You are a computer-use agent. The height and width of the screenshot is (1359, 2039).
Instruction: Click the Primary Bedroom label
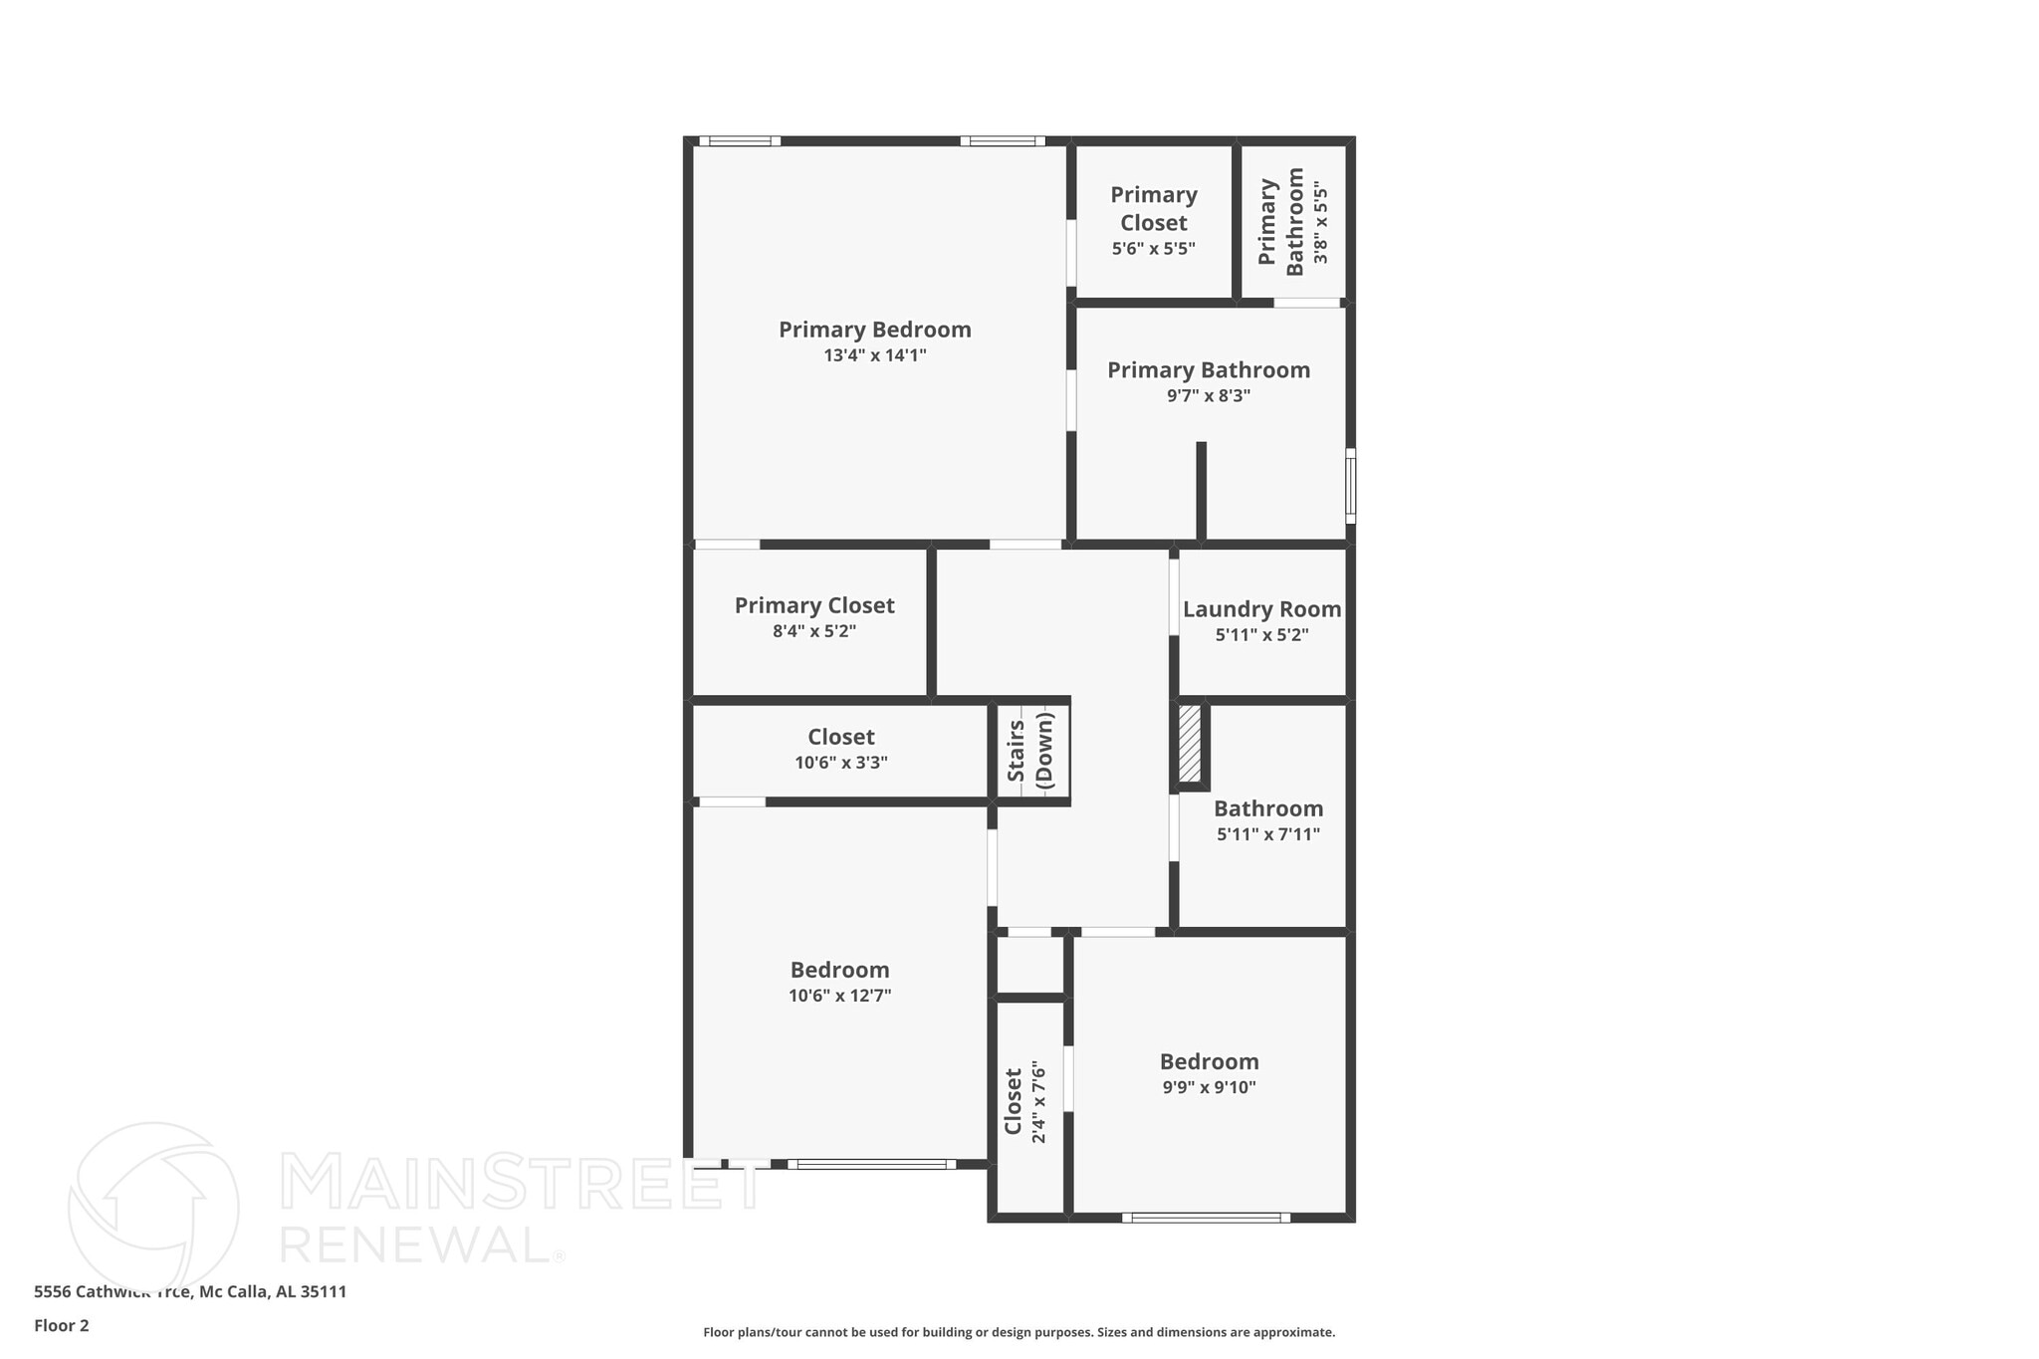[874, 330]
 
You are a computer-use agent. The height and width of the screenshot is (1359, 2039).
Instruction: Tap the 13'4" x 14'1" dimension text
[874, 355]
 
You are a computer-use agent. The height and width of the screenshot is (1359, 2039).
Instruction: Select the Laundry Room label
[1261, 609]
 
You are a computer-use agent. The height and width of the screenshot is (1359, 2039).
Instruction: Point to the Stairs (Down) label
[1030, 751]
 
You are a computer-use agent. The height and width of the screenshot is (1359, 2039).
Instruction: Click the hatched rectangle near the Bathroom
[1190, 744]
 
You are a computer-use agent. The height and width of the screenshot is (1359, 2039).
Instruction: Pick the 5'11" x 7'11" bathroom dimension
[1267, 834]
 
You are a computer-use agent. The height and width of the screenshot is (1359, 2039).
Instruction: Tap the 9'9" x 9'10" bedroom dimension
[1209, 1087]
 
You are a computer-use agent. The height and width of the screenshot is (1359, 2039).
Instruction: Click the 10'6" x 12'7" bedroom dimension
[839, 996]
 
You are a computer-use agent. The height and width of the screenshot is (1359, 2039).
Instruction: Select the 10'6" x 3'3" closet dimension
[840, 764]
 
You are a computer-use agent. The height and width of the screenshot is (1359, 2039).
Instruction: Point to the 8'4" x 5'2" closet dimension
[813, 631]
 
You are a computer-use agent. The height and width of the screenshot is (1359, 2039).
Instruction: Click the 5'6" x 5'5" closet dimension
[1153, 248]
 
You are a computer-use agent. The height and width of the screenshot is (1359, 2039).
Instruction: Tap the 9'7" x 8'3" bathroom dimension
[1208, 395]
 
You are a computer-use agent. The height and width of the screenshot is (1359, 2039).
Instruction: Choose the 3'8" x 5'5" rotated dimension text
[1320, 222]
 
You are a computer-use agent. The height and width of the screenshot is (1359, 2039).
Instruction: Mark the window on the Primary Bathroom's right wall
[1350, 486]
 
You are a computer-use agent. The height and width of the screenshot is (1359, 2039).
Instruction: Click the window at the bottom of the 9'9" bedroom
[1206, 1217]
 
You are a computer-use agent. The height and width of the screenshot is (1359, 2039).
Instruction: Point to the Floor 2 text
[62, 1325]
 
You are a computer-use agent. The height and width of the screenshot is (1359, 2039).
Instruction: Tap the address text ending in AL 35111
[190, 1291]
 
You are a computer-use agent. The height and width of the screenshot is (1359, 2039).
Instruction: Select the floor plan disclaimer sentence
[1019, 1332]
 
